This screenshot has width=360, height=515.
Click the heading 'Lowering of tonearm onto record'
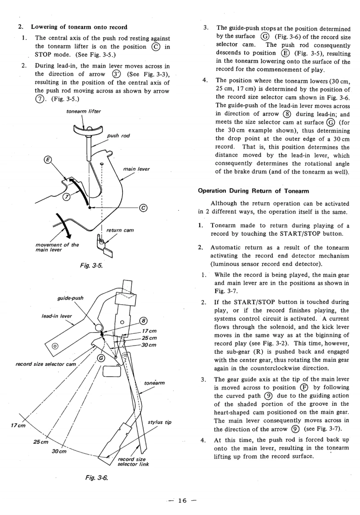[79, 27]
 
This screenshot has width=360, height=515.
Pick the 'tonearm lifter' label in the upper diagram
[83, 112]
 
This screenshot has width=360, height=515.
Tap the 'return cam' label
[120, 230]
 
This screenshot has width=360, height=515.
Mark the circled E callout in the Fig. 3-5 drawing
[46, 160]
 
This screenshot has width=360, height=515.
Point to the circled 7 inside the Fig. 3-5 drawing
[66, 196]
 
